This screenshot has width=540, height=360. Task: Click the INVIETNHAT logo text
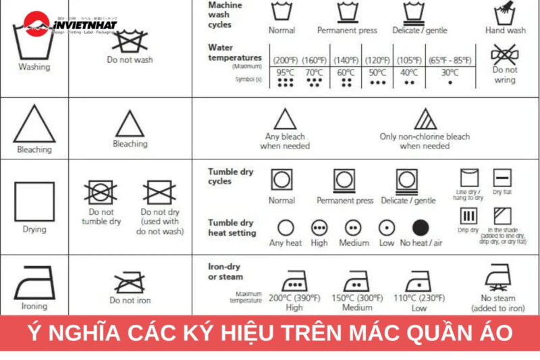[x=84, y=26]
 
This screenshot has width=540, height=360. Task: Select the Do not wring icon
[x=504, y=53]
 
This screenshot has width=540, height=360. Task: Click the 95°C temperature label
[x=285, y=72]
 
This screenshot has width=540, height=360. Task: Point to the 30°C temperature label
[x=450, y=72]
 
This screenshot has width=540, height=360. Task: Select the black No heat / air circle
[x=421, y=228]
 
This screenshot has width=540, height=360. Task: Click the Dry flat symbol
[x=502, y=178]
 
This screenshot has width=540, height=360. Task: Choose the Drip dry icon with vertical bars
[x=468, y=217]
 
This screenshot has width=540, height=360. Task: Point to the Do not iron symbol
[x=130, y=282]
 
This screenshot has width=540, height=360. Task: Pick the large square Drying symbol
[x=34, y=202]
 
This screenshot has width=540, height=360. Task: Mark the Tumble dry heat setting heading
[x=232, y=228]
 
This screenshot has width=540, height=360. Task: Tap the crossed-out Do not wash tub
[x=130, y=39]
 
